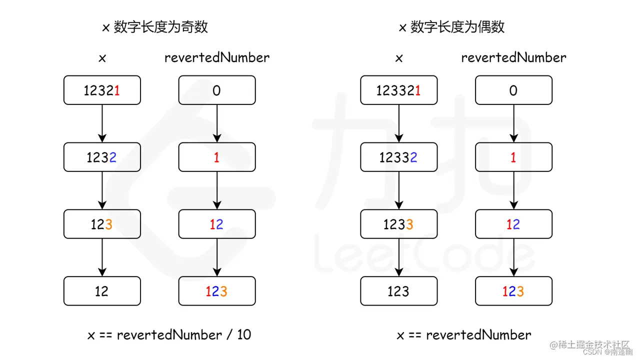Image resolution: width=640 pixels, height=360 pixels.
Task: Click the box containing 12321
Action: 102,90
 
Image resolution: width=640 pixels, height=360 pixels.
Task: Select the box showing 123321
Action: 398,90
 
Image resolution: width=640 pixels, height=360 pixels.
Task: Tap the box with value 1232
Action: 102,157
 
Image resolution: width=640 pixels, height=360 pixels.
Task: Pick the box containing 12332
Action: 398,157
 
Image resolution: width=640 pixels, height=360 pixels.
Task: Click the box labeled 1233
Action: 398,224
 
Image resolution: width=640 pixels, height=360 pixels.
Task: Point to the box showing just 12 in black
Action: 102,291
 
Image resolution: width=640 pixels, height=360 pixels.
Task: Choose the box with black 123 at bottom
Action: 398,291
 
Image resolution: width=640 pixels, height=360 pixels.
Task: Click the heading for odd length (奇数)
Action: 155,27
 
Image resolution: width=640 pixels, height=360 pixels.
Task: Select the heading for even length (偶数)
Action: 451,27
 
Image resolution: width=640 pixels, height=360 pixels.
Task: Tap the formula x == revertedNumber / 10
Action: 169,334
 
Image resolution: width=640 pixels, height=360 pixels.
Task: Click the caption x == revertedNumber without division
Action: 463,334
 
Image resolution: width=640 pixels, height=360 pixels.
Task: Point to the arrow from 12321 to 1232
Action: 102,123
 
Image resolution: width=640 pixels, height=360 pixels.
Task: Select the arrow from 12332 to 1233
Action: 398,190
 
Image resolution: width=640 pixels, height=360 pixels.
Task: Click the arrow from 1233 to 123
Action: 398,257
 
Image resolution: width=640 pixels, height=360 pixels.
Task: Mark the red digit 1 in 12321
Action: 117,90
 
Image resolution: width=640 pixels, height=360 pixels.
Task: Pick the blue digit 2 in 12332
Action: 414,157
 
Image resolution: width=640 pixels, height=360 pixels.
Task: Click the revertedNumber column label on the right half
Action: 513,57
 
